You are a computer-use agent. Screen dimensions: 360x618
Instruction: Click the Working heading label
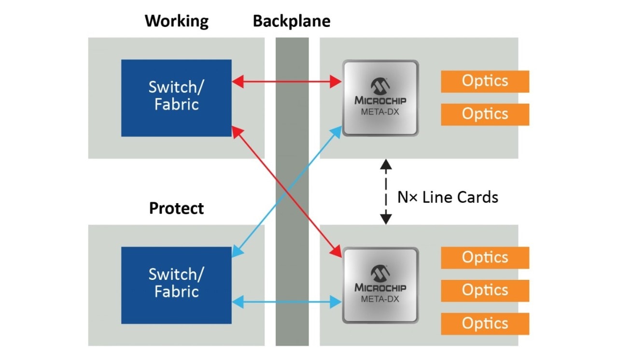(177, 21)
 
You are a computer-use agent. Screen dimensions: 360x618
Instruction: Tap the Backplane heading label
(292, 21)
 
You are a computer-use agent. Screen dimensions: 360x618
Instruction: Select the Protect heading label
(176, 208)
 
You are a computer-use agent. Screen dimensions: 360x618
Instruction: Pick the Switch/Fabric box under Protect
(176, 285)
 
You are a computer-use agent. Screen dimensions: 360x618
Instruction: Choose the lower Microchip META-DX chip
(380, 285)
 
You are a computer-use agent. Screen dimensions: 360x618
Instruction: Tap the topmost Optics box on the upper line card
(485, 81)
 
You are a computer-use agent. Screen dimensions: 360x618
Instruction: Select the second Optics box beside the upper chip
(485, 114)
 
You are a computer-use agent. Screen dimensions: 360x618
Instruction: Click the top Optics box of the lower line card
(485, 258)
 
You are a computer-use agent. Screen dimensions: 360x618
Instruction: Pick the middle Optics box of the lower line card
(485, 291)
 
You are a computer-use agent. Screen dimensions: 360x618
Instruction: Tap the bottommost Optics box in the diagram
(485, 324)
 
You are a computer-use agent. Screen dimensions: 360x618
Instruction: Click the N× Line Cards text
(448, 197)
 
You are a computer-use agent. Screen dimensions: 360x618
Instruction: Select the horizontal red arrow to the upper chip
(287, 82)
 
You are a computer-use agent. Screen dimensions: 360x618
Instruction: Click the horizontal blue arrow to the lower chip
(287, 303)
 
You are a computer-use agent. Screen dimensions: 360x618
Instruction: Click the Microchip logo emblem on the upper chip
(380, 86)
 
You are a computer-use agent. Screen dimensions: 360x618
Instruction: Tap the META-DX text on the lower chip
(380, 299)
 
